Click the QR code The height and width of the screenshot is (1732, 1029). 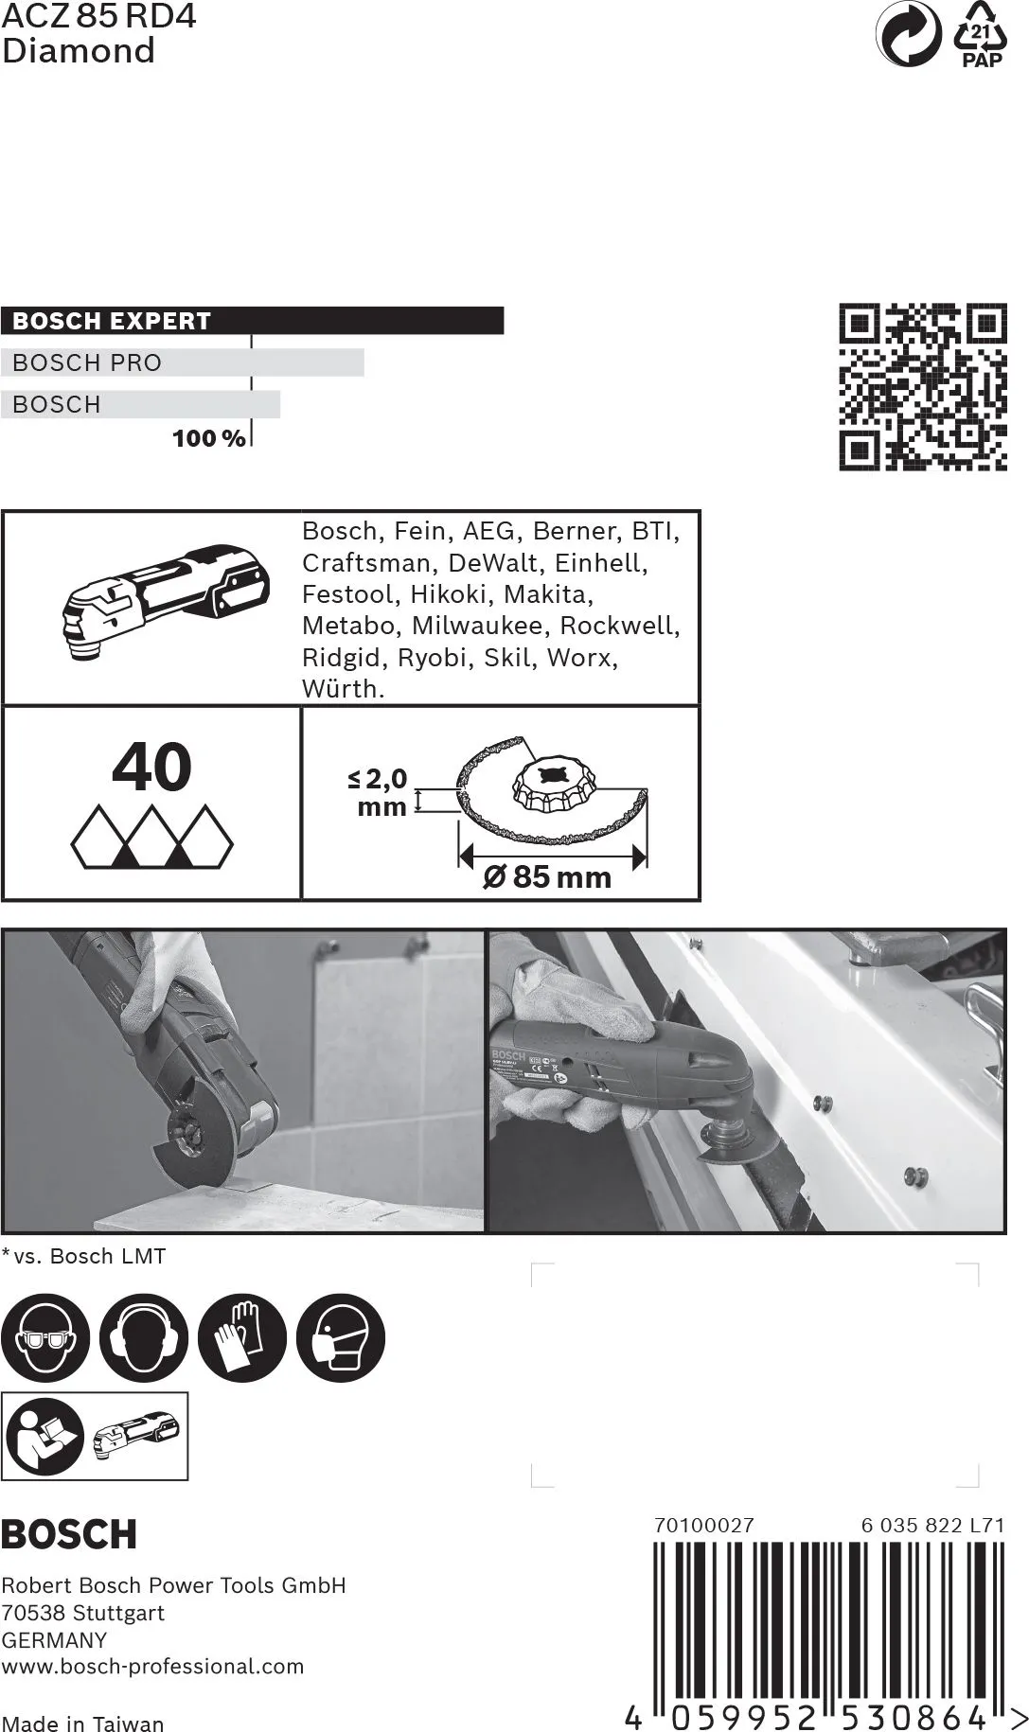tap(923, 387)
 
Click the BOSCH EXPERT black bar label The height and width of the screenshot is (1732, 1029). tap(112, 321)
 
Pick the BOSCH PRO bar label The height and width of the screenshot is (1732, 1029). tap(87, 362)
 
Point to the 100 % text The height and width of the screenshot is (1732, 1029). tap(208, 438)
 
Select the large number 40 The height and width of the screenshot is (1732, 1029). tap(151, 768)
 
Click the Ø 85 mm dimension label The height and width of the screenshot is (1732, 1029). tap(547, 876)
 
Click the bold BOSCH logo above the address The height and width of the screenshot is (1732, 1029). tap(69, 1533)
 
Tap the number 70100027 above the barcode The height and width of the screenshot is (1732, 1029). tap(703, 1525)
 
